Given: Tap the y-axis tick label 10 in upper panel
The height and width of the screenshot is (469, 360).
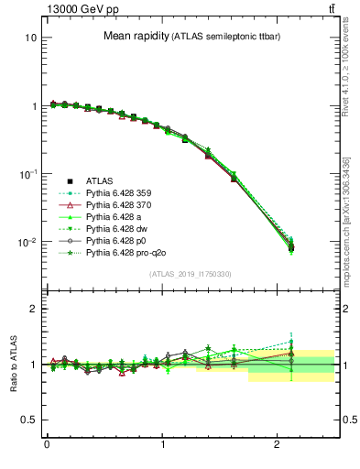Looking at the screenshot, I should pos(30,38).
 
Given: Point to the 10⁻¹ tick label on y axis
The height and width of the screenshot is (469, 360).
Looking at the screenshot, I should pos(27,173).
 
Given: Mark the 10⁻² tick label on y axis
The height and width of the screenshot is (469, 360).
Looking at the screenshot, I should pos(27,242).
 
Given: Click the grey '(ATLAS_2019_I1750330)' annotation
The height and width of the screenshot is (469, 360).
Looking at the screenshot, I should pos(190,274).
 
